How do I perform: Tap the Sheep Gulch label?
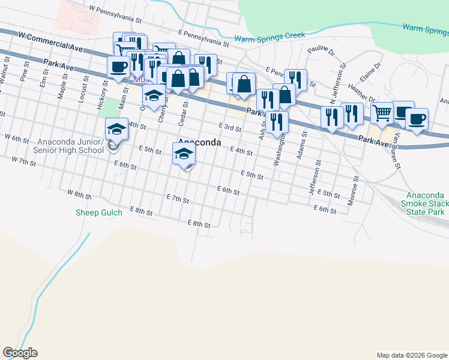tap(99, 212)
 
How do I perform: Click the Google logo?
tap(20, 353)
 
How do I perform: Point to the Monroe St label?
tap(354, 191)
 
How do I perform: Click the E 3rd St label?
tap(229, 128)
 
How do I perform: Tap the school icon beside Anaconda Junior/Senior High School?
tap(116, 128)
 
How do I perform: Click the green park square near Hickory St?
tap(110, 108)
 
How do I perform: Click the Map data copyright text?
tap(411, 355)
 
